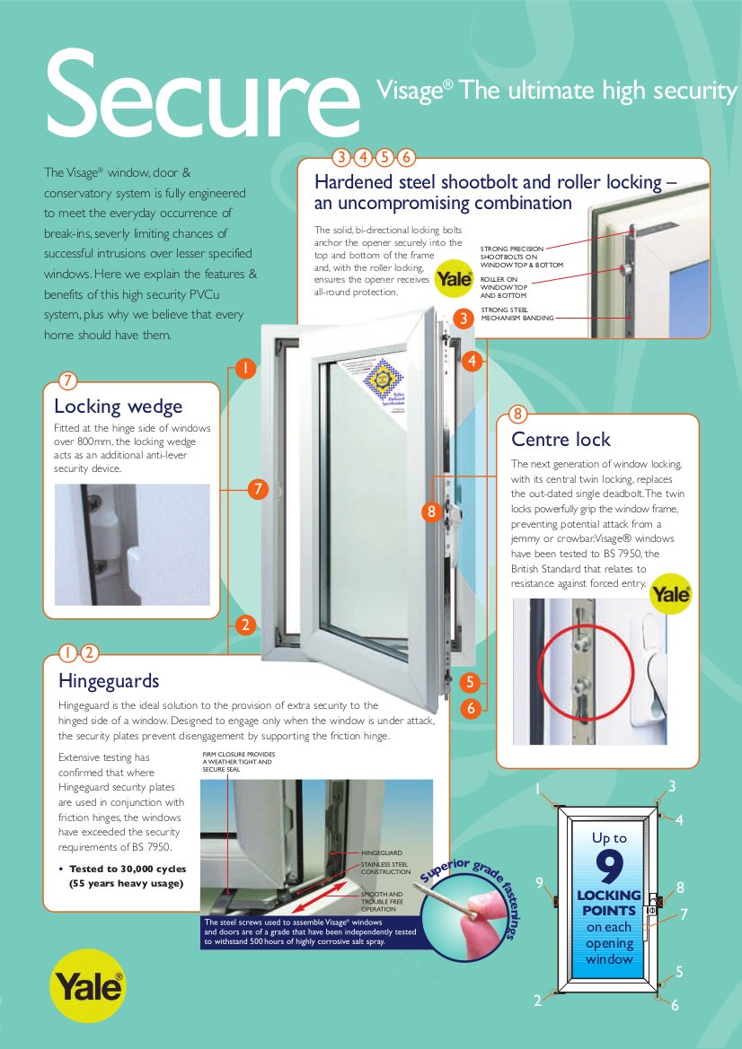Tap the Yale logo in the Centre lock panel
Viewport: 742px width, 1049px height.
[670, 593]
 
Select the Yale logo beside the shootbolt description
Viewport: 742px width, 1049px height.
[454, 279]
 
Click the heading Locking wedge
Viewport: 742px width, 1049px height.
[118, 406]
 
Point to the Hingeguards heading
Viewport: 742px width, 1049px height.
[109, 679]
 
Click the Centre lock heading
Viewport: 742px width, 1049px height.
[561, 439]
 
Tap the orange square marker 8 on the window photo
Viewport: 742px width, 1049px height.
[432, 512]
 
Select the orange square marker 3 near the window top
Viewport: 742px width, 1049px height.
[463, 318]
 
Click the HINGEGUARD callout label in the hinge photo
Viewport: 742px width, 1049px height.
[381, 852]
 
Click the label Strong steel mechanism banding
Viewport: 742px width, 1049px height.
[517, 313]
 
